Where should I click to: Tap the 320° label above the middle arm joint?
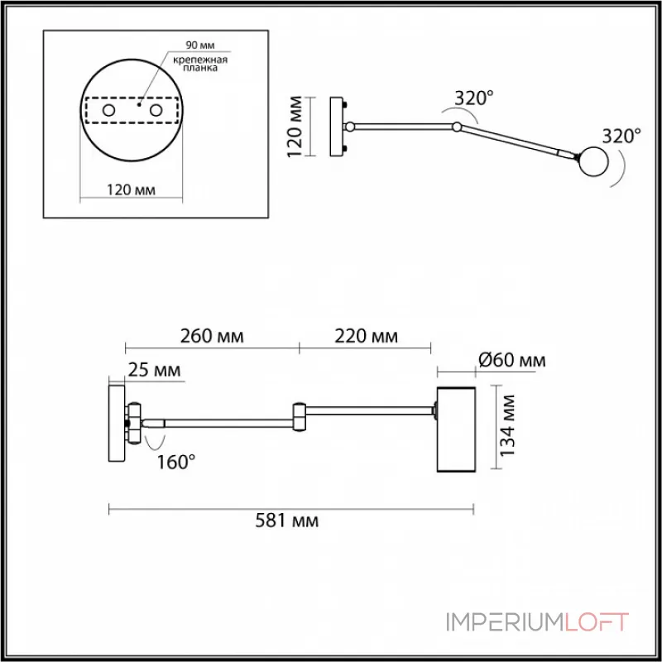pos(473,98)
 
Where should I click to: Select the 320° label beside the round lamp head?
pos(621,136)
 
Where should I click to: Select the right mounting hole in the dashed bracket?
pos(156,109)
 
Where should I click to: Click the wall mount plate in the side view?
pos(117,422)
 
